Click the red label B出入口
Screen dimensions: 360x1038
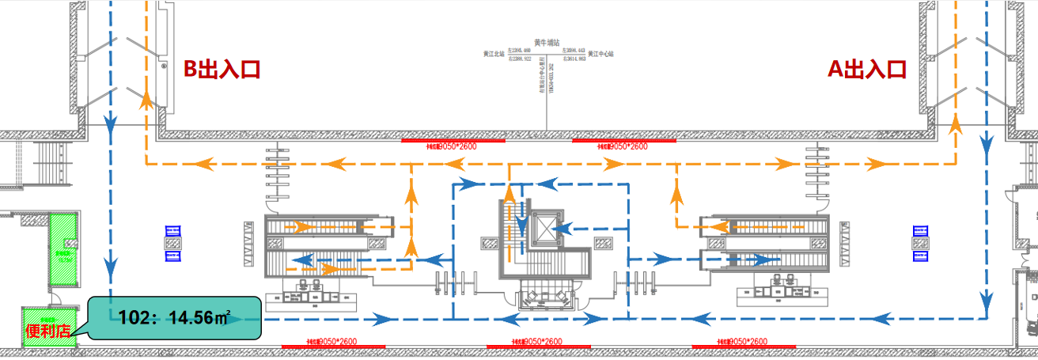[222, 70]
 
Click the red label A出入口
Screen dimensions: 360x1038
[867, 70]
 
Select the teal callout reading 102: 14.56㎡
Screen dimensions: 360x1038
[174, 318]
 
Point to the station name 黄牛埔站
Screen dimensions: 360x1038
[547, 43]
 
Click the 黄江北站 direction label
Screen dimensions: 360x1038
[495, 55]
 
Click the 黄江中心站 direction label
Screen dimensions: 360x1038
[600, 55]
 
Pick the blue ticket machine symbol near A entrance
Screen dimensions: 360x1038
[919, 243]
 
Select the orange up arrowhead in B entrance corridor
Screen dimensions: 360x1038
[146, 100]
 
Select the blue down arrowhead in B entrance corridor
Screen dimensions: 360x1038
[110, 123]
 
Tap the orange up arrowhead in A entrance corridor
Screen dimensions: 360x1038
[955, 123]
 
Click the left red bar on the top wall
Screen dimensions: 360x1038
[453, 141]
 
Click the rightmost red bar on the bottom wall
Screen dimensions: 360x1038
[744, 346]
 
